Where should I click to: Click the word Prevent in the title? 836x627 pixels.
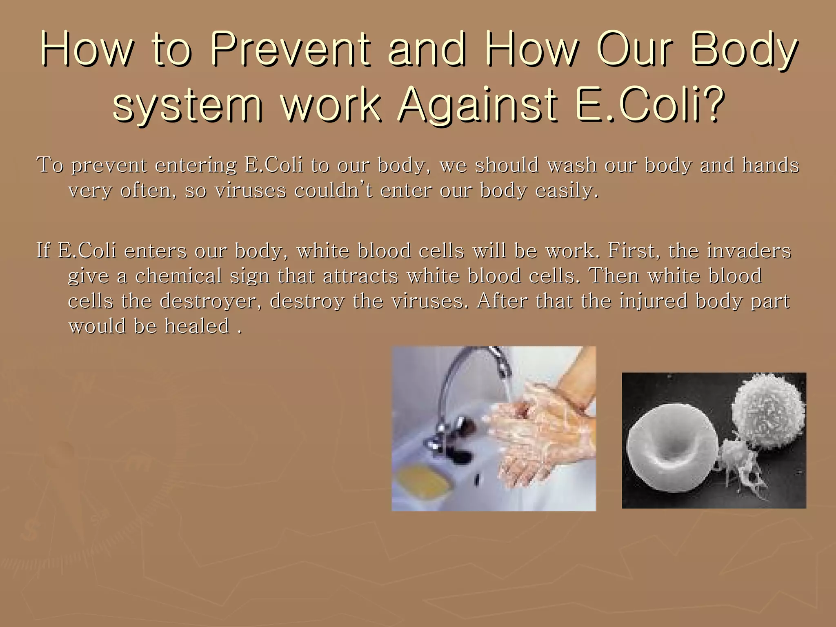pyautogui.click(x=291, y=50)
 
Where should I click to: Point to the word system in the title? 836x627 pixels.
pyautogui.click(x=187, y=105)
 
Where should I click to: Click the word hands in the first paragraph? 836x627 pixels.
pyautogui.click(x=770, y=165)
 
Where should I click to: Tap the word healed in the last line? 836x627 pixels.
pyautogui.click(x=197, y=326)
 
